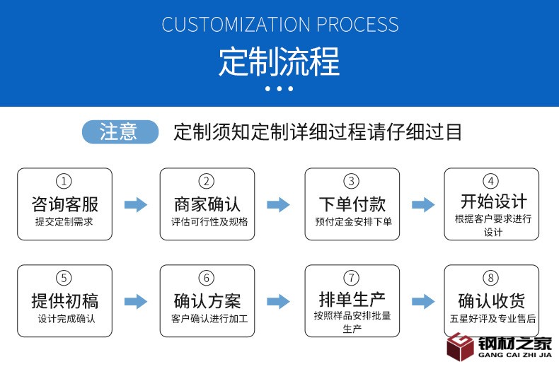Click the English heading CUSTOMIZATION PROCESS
[x=279, y=24]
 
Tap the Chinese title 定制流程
[x=279, y=62]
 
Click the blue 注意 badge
[x=120, y=131]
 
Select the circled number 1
[x=64, y=182]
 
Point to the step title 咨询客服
[x=64, y=204]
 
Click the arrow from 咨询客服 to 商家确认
[x=136, y=205]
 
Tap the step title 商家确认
[x=207, y=204]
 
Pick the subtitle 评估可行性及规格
[x=207, y=222]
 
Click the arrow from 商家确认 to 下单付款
[x=278, y=205]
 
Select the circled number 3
[x=352, y=182]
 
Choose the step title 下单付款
[x=352, y=204]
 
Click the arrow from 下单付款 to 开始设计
[x=423, y=205]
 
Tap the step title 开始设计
[x=493, y=201]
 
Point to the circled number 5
[x=64, y=278]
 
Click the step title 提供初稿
[x=64, y=300]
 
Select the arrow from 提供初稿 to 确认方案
[x=136, y=301]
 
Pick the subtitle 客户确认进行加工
[x=207, y=319]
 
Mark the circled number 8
[x=493, y=278]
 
